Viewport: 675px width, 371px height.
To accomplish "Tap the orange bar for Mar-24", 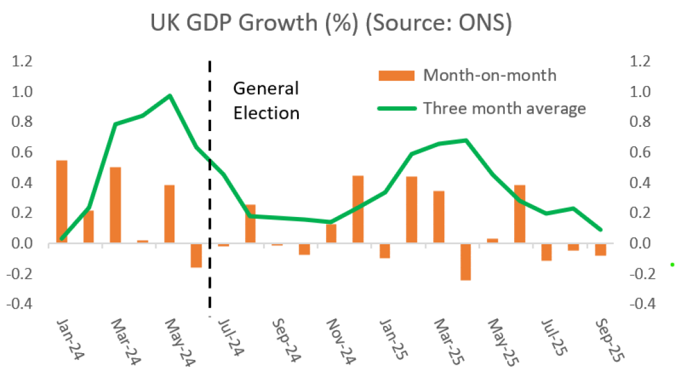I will (115, 205).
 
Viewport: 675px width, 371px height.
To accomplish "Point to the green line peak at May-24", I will (170, 96).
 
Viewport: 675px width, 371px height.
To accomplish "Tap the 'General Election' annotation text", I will (266, 101).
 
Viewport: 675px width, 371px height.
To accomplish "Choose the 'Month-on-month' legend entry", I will (489, 75).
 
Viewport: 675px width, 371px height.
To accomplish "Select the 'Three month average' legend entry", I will (504, 109).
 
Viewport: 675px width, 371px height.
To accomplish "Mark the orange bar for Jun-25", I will (519, 214).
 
